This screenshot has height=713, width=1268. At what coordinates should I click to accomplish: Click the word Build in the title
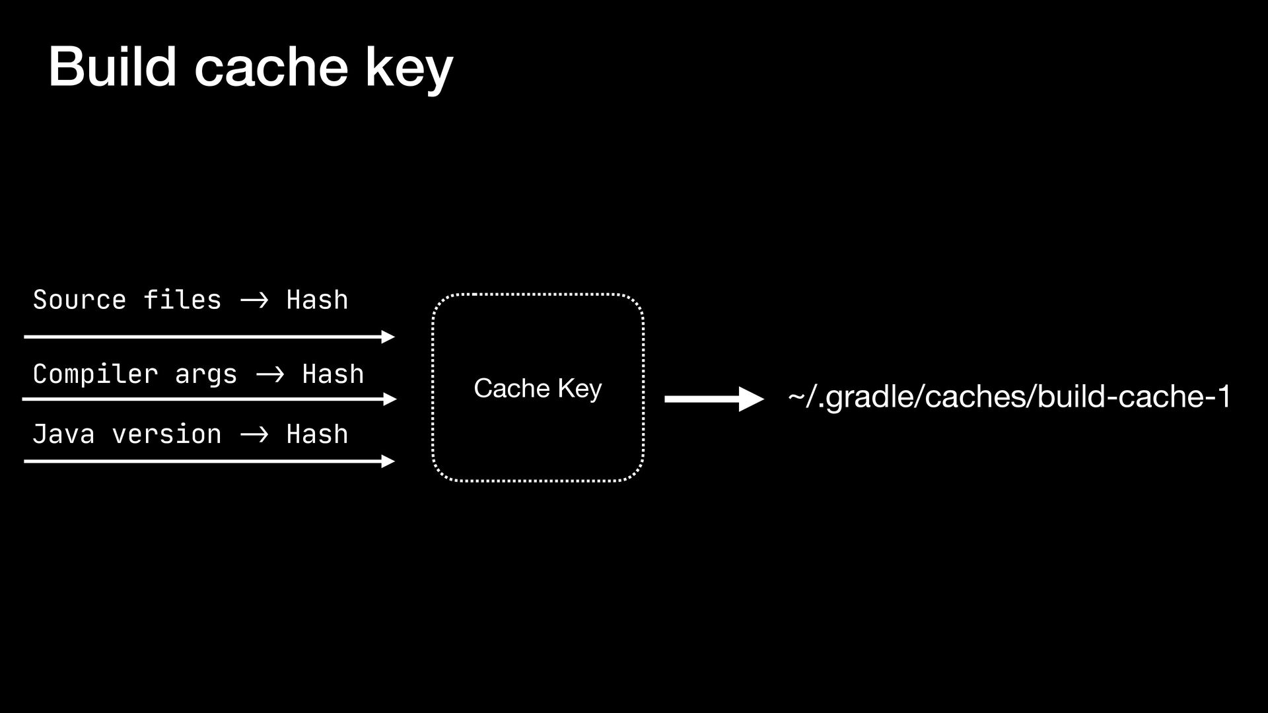pos(112,67)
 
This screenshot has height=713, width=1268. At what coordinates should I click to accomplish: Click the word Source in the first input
pos(79,300)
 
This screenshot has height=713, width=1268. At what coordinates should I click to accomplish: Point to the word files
pos(182,300)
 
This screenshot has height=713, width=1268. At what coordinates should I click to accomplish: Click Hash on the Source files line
pos(317,300)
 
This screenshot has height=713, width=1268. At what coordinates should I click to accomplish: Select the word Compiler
pos(95,374)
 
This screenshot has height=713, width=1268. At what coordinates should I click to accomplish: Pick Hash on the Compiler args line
pos(333,374)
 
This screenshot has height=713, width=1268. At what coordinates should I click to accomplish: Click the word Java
pos(63,434)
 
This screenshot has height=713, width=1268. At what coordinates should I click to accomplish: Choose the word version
pos(166,434)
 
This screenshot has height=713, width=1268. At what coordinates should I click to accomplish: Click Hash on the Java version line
pos(317,434)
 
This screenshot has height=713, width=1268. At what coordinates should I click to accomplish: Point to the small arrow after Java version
pos(254,435)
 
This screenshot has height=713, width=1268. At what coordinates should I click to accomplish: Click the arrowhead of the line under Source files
pos(388,337)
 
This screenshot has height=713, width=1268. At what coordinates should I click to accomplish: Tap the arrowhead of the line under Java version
pos(388,461)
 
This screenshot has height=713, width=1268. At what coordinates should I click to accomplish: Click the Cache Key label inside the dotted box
pos(538,388)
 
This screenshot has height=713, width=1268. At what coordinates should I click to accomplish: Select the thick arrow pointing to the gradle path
pos(713,399)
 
